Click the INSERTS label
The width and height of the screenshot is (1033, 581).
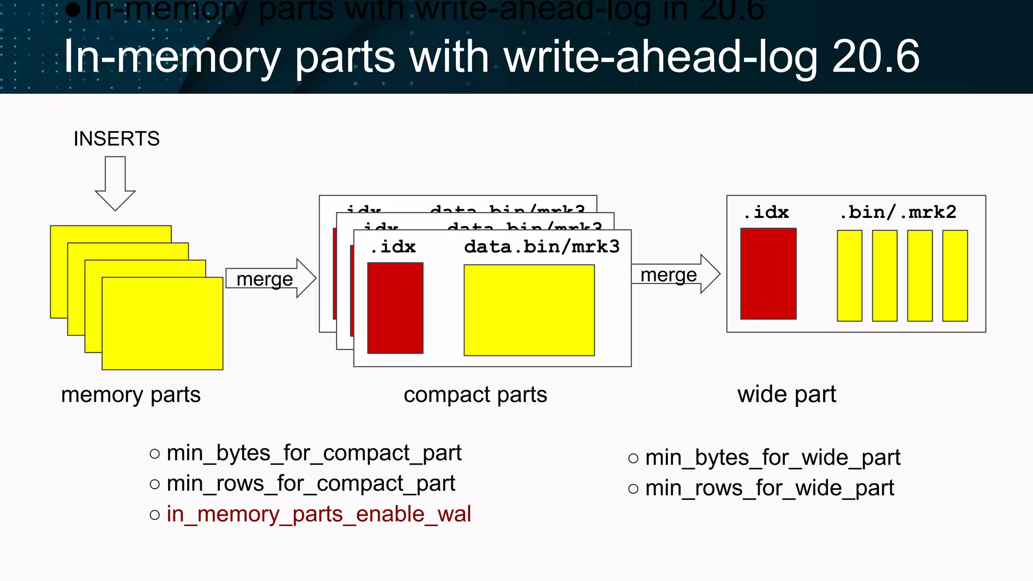coord(117,139)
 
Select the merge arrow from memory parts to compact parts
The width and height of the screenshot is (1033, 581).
coord(270,278)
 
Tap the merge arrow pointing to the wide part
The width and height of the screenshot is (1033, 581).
coord(675,274)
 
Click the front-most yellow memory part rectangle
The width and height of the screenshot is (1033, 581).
coord(162,323)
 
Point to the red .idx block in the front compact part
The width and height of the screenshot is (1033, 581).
coord(395,308)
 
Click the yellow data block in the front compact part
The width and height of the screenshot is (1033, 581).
coord(529,310)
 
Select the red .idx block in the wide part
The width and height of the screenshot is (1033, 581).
coord(768,273)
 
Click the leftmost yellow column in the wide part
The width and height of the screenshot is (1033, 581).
coord(849,275)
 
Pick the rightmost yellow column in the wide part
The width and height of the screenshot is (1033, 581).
coord(955,275)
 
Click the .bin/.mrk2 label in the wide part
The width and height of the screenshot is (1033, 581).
coord(898,212)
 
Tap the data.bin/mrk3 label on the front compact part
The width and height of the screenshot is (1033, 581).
coord(541,247)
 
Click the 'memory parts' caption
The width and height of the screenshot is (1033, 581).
coord(131,394)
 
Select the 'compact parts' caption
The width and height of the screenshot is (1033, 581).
coord(475,394)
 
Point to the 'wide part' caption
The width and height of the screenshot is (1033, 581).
coord(786,394)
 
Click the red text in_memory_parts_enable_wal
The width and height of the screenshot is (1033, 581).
coord(319,514)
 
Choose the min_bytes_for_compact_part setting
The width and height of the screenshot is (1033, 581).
coord(314,453)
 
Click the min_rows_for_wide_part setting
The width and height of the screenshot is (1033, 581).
coord(769,488)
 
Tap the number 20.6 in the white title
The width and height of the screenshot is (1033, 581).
coord(876,56)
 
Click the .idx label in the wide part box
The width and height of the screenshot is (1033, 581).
coord(766,212)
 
